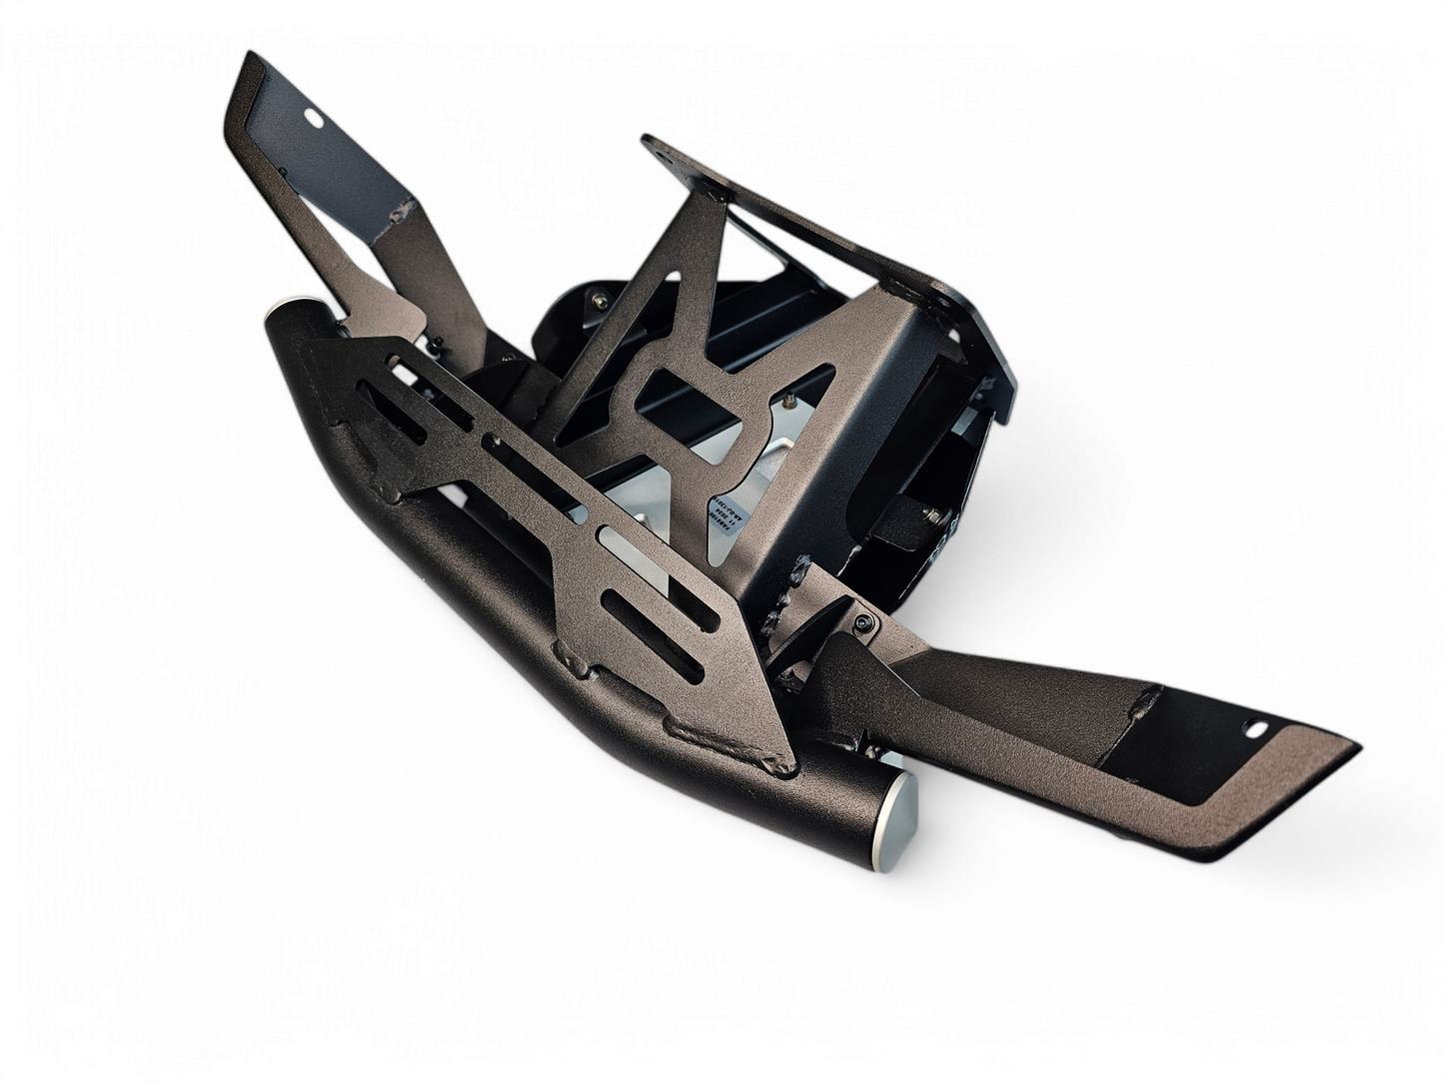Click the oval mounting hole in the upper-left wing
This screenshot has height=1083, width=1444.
[313, 118]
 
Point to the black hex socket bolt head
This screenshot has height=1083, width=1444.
[863, 622]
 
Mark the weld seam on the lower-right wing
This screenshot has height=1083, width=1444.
[1139, 703]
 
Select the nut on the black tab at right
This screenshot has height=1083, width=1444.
[932, 516]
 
